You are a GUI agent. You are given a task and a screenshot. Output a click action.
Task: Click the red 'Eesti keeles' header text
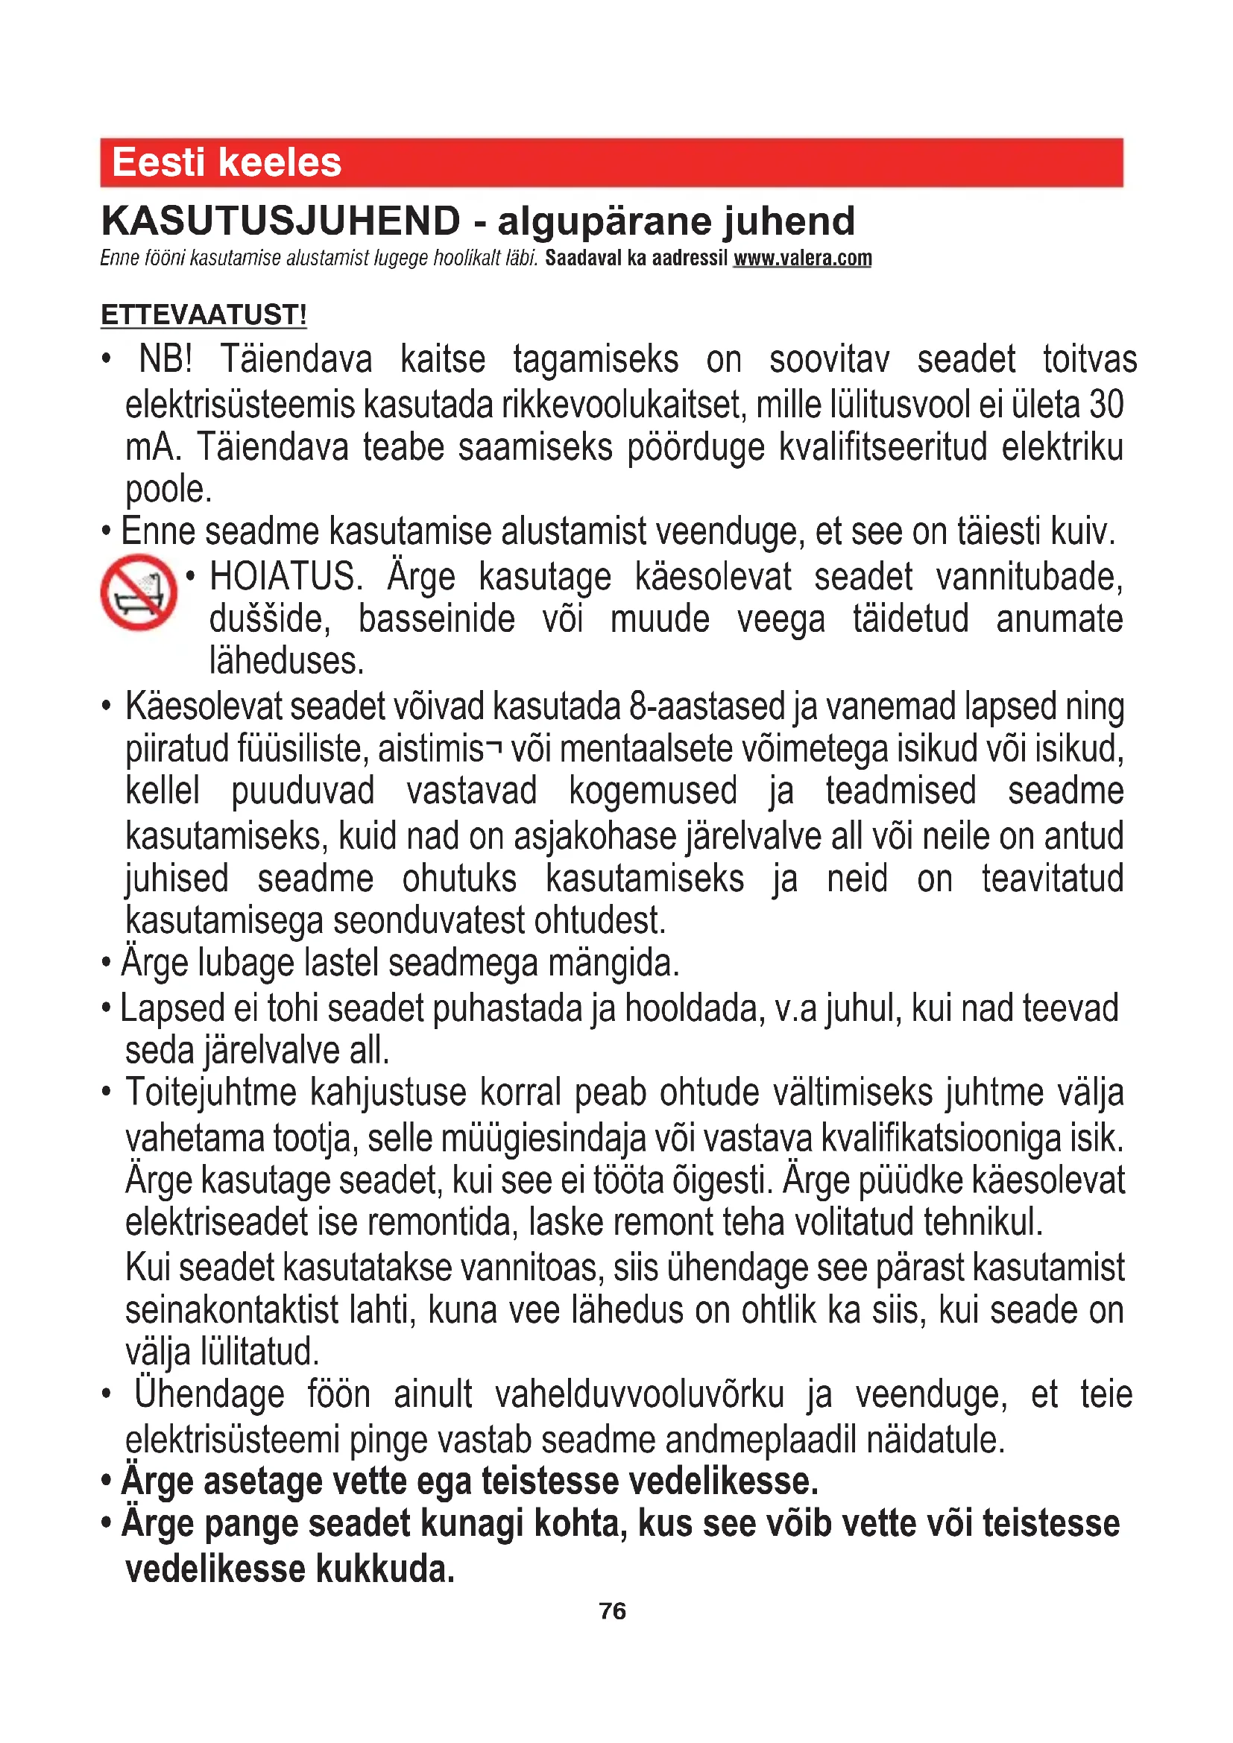click(227, 162)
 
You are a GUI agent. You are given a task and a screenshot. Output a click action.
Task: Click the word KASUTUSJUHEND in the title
click(281, 221)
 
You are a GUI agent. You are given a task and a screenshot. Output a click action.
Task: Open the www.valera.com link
click(802, 258)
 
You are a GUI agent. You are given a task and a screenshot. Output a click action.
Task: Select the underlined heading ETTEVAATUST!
click(204, 314)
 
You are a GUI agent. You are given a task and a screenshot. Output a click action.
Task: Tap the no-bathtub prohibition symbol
click(139, 592)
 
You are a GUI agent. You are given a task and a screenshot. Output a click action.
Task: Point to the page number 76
click(612, 1611)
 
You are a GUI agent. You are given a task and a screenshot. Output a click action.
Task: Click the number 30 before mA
click(1106, 404)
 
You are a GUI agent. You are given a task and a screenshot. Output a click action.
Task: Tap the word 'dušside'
click(271, 619)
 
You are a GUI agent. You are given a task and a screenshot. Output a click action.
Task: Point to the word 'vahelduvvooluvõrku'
click(640, 1394)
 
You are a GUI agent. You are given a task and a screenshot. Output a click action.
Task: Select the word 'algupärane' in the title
click(604, 221)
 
